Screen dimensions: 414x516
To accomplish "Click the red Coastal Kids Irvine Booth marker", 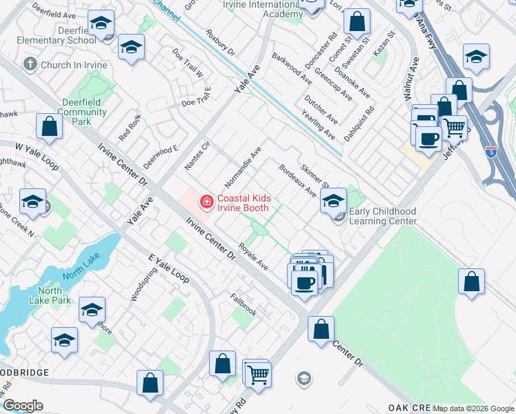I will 206,201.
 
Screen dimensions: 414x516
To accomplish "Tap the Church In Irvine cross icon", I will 29,65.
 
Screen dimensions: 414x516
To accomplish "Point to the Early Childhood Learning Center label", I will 383,216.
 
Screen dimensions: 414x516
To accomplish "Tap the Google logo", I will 23,406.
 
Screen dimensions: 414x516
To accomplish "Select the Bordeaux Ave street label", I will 297,180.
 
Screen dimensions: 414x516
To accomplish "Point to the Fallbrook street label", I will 244,304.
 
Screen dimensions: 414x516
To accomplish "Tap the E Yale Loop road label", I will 168,268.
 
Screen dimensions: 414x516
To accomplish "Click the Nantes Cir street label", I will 197,156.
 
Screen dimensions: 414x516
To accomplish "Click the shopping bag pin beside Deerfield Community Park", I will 50,127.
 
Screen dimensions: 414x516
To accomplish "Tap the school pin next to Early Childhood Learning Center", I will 333,201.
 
